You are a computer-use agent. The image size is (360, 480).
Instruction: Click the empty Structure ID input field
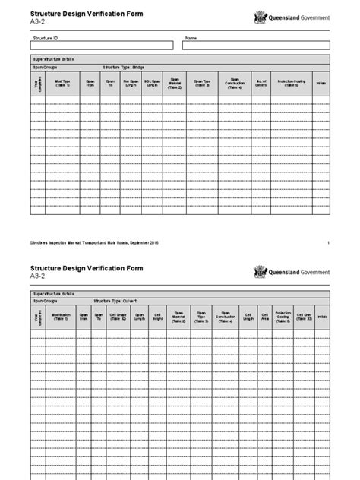click(x=101, y=46)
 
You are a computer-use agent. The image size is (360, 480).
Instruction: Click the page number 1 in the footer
click(x=328, y=242)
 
